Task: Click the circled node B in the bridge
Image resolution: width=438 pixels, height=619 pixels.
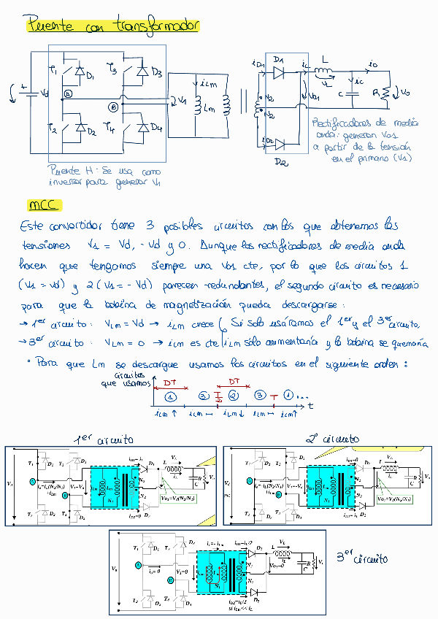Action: (x=113, y=107)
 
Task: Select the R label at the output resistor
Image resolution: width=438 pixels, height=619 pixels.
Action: (x=377, y=93)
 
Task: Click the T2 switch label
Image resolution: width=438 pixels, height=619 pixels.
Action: (x=53, y=128)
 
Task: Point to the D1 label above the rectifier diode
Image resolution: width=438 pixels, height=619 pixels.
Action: (x=277, y=58)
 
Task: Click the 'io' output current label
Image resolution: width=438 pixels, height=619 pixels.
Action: (x=374, y=66)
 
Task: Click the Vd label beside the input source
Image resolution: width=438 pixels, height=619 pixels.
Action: (x=45, y=93)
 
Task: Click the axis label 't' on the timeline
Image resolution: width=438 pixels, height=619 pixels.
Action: (x=310, y=404)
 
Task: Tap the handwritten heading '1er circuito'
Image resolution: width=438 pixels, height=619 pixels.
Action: (x=105, y=439)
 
